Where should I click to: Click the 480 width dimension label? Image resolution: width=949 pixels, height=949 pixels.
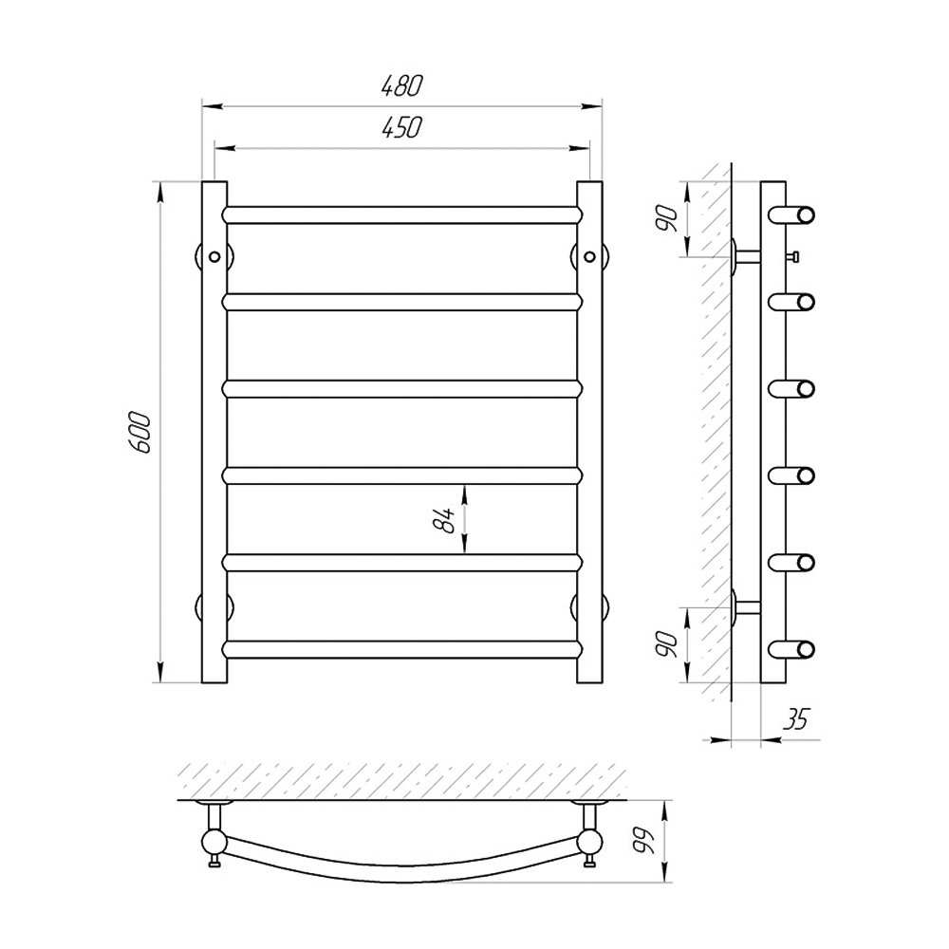pyautogui.click(x=401, y=85)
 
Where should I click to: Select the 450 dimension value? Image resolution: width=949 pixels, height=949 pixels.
pyautogui.click(x=401, y=127)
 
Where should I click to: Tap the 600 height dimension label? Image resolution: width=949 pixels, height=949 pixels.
pyautogui.click(x=140, y=432)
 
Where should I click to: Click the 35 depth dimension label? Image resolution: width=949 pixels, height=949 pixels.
pyautogui.click(x=795, y=719)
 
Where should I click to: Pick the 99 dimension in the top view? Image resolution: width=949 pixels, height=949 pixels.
pyautogui.click(x=645, y=841)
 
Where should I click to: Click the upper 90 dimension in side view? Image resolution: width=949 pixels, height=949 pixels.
pyautogui.click(x=667, y=218)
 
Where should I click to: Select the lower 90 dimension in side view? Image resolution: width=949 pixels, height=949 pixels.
pyautogui.click(x=667, y=644)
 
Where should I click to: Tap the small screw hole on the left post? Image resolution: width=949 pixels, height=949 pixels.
pyautogui.click(x=214, y=256)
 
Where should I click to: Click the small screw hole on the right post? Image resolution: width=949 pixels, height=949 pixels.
pyautogui.click(x=589, y=256)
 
